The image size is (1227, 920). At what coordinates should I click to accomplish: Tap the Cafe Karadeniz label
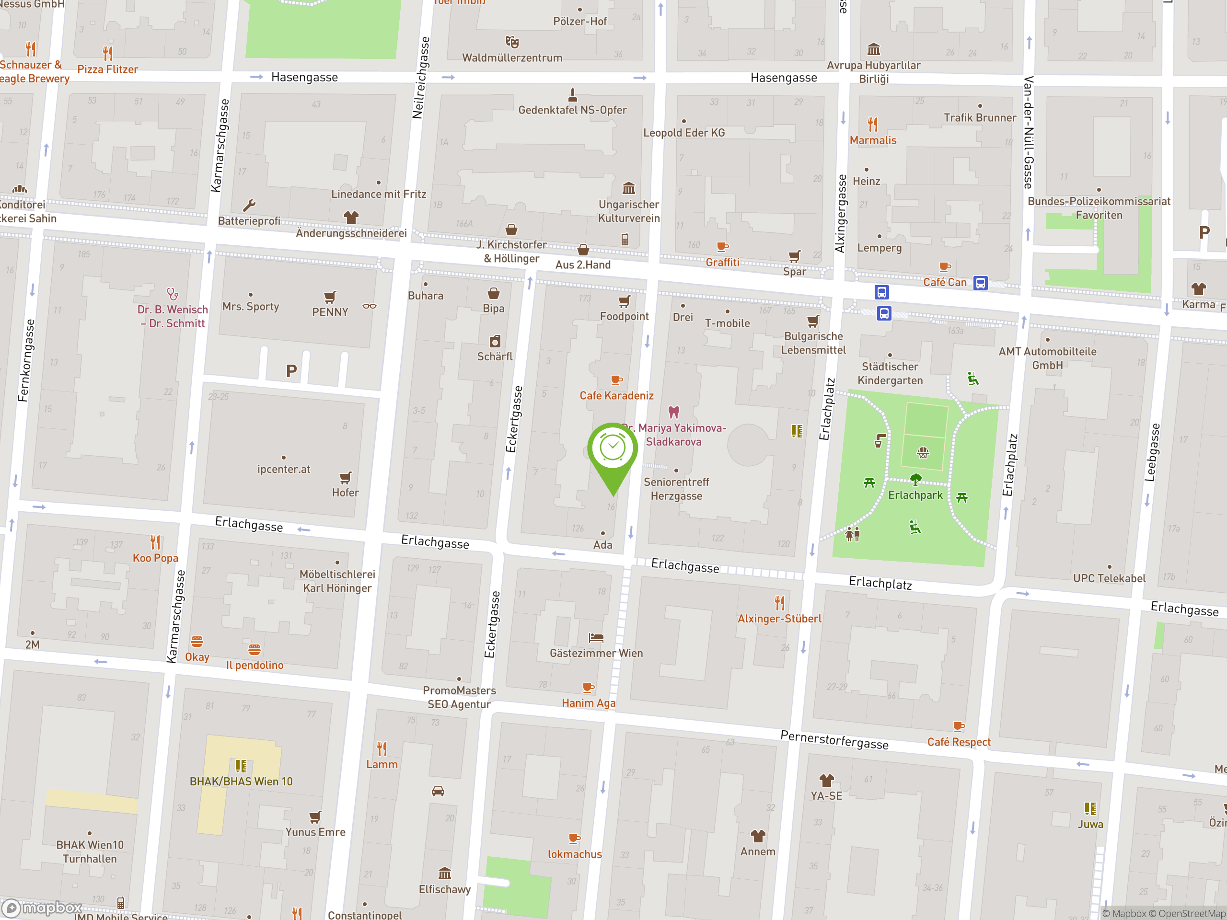tap(616, 395)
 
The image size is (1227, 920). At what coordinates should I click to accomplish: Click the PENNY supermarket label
tap(330, 312)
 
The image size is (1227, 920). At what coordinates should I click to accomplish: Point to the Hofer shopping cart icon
tap(345, 477)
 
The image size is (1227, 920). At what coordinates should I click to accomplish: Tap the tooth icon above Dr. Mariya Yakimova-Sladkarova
tap(673, 412)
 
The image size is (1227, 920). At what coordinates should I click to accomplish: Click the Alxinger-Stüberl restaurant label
tap(779, 618)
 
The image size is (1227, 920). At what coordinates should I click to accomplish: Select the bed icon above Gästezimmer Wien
tap(596, 638)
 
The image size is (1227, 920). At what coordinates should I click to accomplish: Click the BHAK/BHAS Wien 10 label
tap(241, 782)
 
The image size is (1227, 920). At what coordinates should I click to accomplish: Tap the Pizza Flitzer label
tap(108, 69)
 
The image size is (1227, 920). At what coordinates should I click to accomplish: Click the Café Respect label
tap(959, 742)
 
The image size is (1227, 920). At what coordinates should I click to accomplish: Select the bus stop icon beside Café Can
tap(980, 283)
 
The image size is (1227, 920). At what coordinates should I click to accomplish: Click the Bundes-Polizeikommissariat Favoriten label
tap(1099, 208)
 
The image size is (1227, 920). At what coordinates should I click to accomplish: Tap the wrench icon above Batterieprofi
tap(249, 206)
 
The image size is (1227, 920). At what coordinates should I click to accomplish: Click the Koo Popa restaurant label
tap(155, 558)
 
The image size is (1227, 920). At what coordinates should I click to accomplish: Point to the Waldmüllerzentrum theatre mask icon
tap(512, 42)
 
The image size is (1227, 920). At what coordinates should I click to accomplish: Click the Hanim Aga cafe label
tap(588, 702)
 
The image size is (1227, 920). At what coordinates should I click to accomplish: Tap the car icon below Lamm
tap(438, 792)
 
